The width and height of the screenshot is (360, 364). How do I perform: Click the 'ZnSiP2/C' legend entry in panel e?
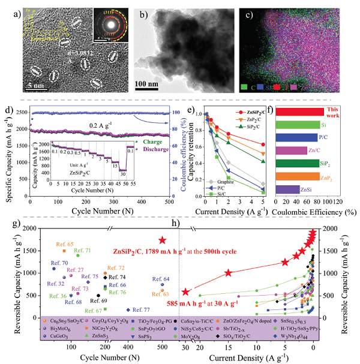tap(253, 113)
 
